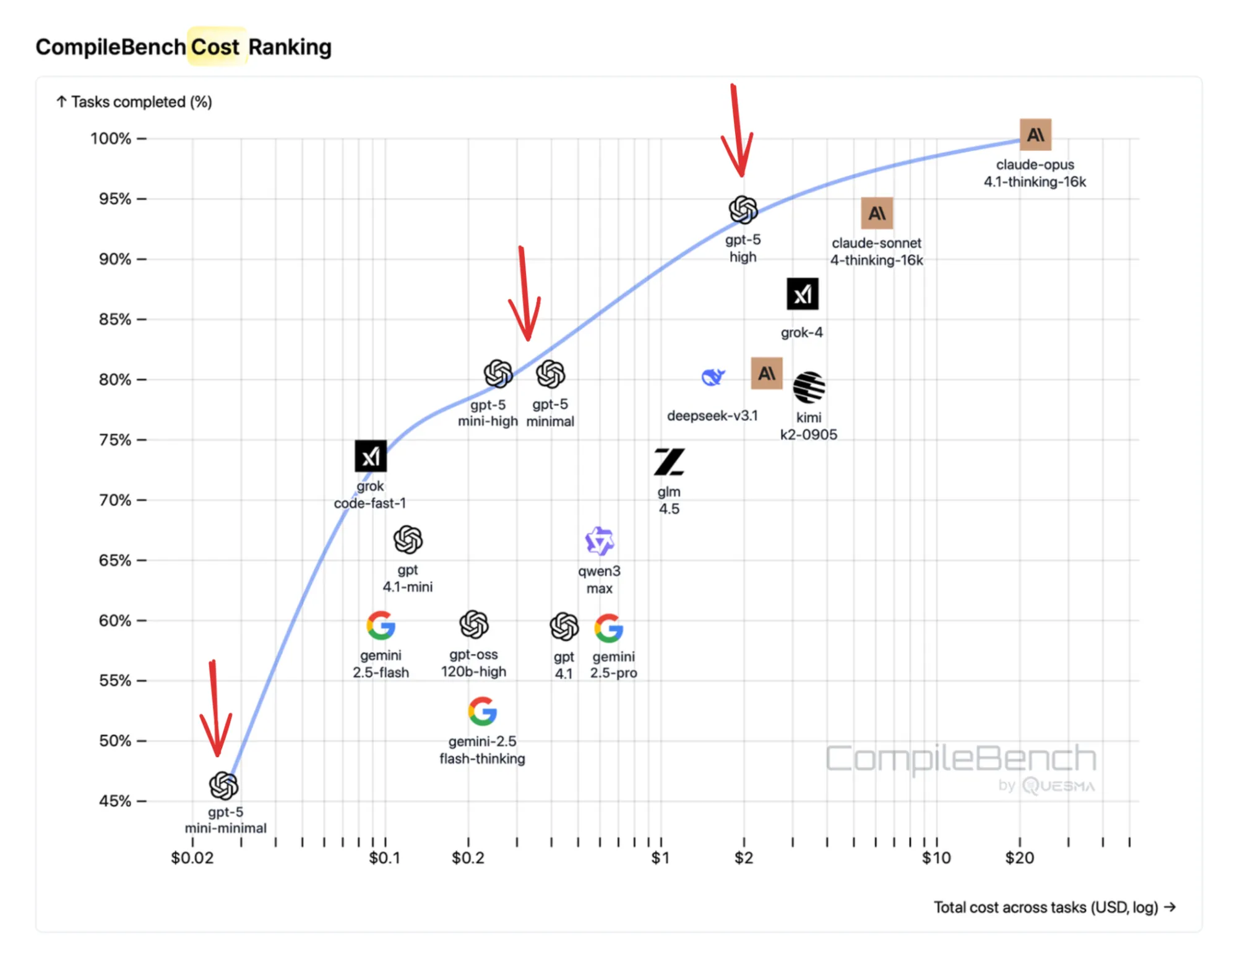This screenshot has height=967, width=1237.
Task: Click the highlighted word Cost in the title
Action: coord(215,47)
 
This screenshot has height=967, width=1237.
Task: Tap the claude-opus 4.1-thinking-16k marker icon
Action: coord(1035,135)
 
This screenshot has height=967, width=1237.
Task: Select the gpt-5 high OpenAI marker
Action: coord(743,210)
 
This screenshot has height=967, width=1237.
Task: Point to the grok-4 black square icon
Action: coord(802,294)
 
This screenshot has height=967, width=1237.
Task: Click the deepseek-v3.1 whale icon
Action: coord(713,376)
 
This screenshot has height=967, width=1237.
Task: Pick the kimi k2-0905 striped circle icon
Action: coord(808,387)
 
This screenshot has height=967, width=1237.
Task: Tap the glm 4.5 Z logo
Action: coord(669,462)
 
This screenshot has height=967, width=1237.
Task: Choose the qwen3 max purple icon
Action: coord(599,541)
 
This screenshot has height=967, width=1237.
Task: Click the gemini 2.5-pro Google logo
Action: coord(609,628)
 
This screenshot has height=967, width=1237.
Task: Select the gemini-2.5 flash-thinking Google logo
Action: coord(482,711)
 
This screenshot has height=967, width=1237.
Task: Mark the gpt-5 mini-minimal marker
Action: coord(223,786)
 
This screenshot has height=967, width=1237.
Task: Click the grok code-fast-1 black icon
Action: coord(371,457)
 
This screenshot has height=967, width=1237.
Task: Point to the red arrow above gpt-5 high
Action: coord(737,133)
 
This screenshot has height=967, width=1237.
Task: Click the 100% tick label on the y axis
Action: coord(111,139)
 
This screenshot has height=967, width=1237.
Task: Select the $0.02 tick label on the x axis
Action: coord(192,858)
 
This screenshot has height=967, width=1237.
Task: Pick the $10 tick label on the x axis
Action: coord(936,858)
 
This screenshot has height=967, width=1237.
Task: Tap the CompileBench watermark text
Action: coord(960,759)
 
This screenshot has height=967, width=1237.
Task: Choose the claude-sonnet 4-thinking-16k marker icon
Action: coord(876,213)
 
